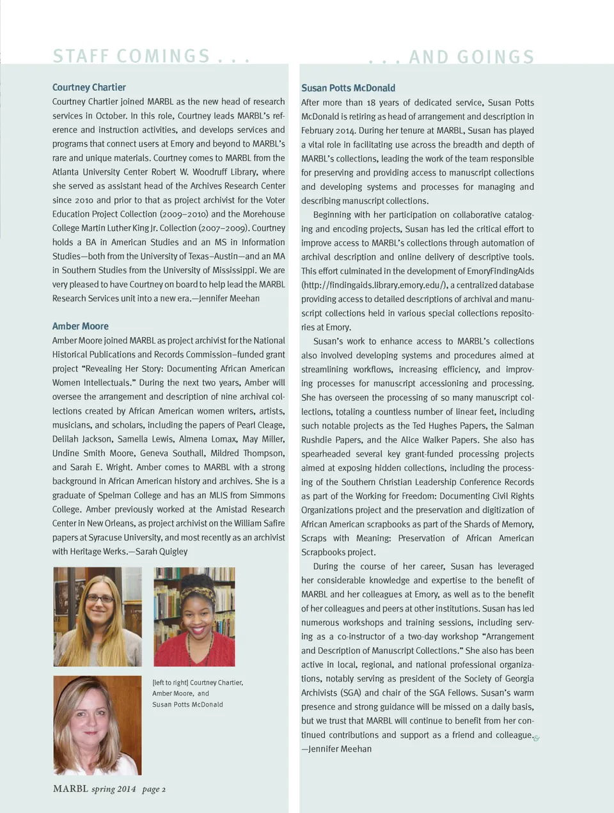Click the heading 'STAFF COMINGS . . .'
click(151, 56)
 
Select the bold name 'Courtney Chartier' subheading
click(89, 88)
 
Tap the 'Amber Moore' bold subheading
click(81, 326)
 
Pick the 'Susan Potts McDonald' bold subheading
click(348, 88)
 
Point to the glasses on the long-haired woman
click(100, 599)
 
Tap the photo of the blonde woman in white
click(97, 725)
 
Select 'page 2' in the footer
click(153, 789)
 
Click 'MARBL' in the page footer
click(70, 789)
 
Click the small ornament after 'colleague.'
click(537, 738)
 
